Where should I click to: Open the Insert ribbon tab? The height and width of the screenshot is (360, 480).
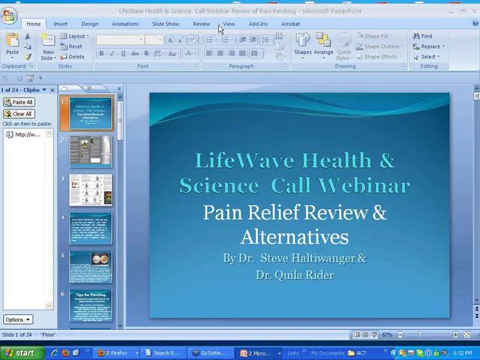tap(60, 24)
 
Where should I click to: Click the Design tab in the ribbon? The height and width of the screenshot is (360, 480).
tap(90, 24)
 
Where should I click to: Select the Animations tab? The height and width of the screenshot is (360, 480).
tap(125, 24)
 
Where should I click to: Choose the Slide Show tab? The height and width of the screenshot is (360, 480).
tap(166, 24)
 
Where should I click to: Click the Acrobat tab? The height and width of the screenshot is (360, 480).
tap(290, 24)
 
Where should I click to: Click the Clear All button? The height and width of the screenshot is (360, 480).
tap(19, 114)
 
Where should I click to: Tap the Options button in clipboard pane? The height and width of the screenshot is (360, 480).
tap(17, 319)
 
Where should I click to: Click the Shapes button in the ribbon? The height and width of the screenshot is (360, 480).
tap(303, 44)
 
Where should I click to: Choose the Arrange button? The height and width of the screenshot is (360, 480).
tap(323, 44)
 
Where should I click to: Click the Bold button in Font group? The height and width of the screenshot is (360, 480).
tap(101, 53)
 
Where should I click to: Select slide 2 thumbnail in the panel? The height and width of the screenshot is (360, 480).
tap(91, 152)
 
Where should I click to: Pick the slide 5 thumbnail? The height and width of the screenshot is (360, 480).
tap(91, 268)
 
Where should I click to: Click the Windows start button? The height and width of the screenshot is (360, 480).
tap(19, 352)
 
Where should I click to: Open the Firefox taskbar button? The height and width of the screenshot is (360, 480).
tap(112, 352)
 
